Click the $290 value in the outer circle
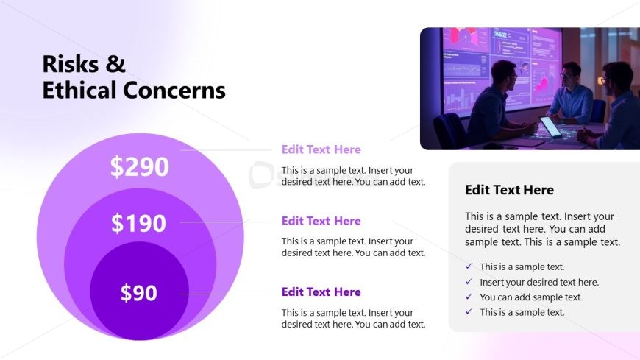[140, 167]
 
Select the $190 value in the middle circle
[139, 223]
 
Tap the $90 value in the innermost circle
[139, 293]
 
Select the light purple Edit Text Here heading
[321, 149]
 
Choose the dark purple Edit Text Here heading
[321, 292]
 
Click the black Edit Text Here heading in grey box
[509, 190]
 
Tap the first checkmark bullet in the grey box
[469, 267]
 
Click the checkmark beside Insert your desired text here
[469, 282]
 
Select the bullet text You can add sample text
[530, 297]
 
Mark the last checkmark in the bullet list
[469, 312]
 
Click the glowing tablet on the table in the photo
[550, 127]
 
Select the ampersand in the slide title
[115, 64]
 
